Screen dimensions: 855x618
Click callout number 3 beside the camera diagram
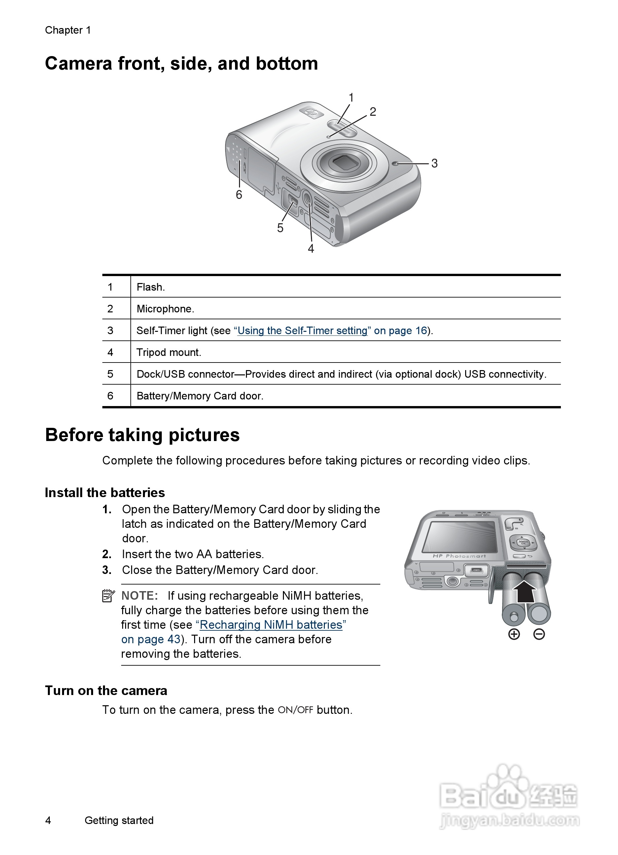[434, 163]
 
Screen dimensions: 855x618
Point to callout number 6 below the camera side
[239, 195]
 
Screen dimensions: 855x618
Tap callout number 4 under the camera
[311, 248]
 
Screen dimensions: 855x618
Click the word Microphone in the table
[165, 309]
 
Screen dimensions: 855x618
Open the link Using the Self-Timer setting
[302, 331]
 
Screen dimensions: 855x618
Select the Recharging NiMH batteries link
[271, 625]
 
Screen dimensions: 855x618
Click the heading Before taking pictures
[142, 435]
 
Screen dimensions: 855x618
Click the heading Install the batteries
[105, 492]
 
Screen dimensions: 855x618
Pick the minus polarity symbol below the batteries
[539, 634]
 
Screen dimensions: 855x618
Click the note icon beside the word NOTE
[108, 596]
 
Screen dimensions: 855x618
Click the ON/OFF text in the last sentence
[295, 710]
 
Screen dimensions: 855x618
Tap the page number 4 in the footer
[48, 820]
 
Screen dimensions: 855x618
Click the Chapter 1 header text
[68, 30]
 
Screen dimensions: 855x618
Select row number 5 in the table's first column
[110, 374]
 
